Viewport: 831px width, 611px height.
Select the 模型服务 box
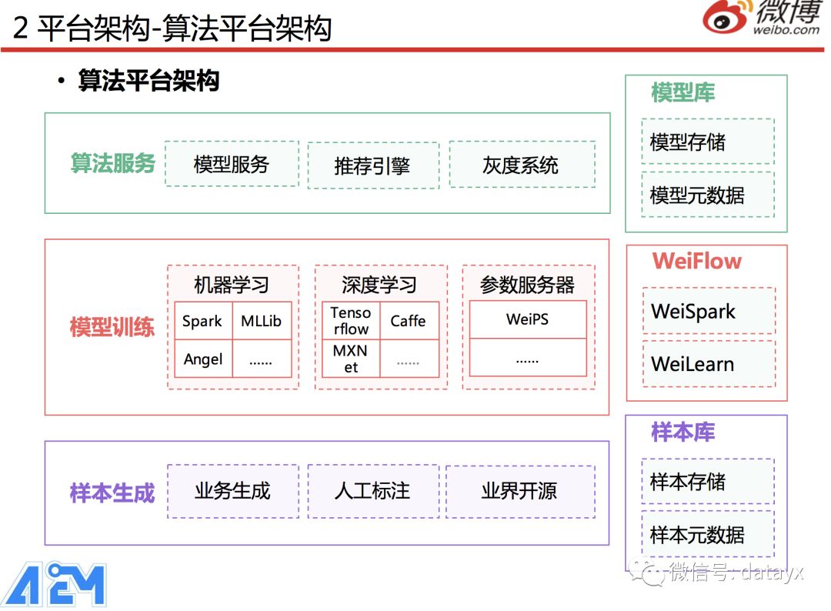point(232,164)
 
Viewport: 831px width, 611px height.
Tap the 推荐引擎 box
point(373,165)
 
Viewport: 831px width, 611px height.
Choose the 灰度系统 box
point(522,165)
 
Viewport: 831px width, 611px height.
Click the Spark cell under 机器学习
point(202,321)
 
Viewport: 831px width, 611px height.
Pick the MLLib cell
point(262,321)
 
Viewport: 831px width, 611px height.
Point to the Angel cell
point(203,359)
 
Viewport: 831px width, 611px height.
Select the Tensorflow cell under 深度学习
point(350,321)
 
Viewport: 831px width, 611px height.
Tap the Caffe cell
point(408,321)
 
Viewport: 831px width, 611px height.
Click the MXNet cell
point(350,359)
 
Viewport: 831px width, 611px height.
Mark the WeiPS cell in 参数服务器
point(527,319)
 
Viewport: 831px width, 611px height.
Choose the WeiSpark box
point(709,312)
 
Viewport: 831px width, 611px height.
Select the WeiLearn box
point(709,364)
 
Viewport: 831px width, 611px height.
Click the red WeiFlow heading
point(696,262)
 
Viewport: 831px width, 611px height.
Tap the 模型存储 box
point(707,142)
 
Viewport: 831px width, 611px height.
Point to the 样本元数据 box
point(707,535)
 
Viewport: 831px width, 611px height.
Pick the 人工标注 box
point(373,491)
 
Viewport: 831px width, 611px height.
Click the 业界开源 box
point(520,491)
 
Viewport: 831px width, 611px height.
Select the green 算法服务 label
point(113,164)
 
